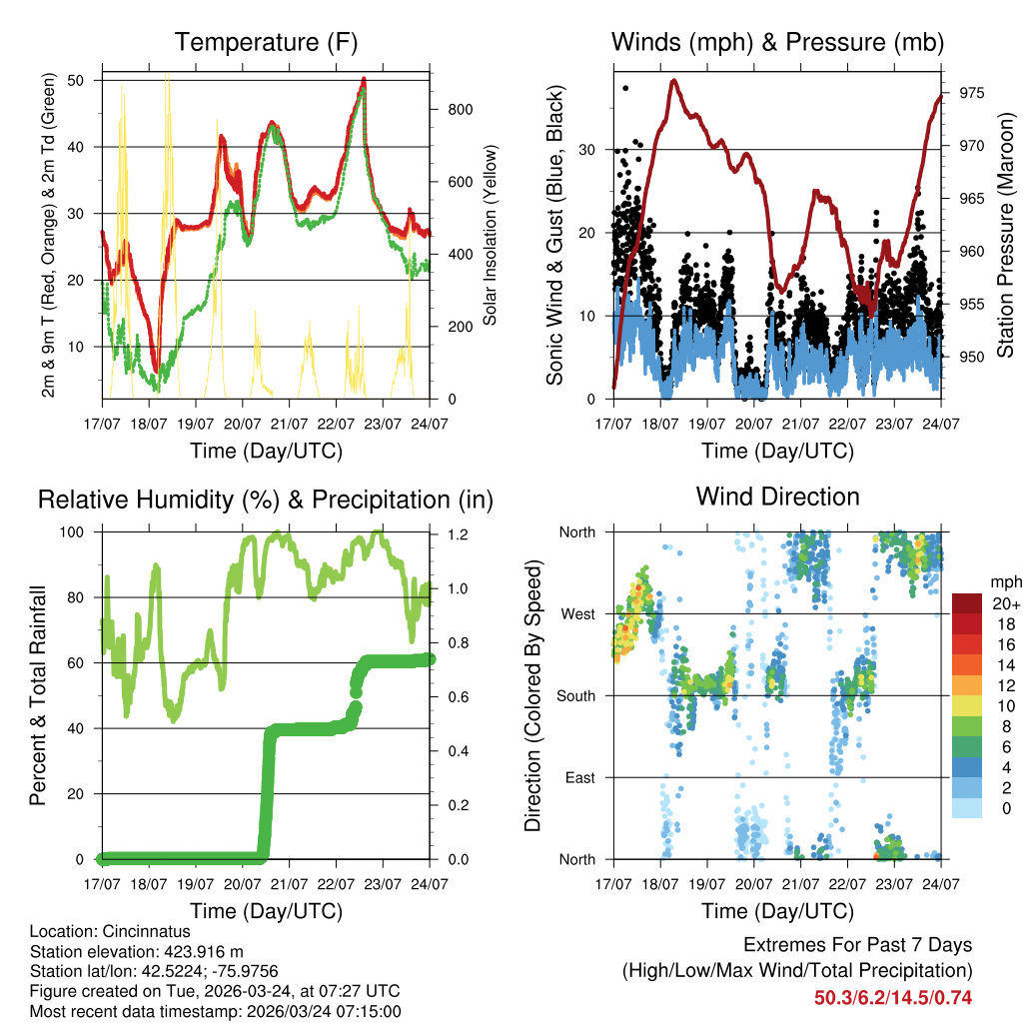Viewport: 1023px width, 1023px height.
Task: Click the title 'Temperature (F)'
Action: point(266,43)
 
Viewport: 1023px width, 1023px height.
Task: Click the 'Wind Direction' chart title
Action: point(777,497)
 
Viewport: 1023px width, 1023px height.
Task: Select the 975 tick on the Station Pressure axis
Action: point(972,93)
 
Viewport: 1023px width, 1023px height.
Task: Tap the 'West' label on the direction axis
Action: point(577,613)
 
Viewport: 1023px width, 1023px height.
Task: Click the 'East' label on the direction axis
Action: point(579,777)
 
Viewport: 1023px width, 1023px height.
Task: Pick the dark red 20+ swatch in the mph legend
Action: point(967,604)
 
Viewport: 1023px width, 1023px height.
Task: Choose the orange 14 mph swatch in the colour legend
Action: point(967,664)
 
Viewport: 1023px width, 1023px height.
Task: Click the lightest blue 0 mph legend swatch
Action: point(967,807)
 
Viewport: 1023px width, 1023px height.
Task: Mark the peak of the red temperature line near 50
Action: point(364,79)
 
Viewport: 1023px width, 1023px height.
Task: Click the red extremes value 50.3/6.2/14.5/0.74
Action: point(892,997)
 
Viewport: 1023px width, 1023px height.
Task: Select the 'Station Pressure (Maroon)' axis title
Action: point(1005,222)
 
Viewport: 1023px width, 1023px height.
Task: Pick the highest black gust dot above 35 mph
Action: point(625,88)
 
